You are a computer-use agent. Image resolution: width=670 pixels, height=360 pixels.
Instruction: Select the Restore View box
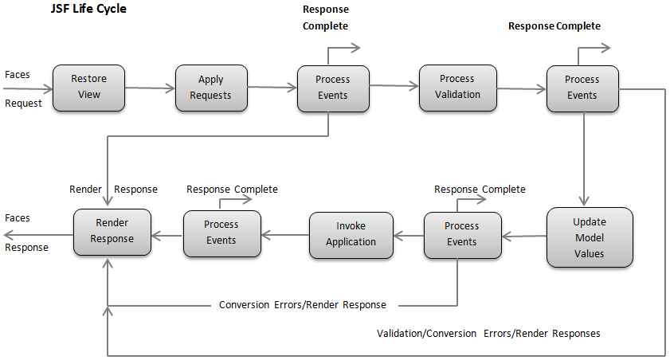pos(88,88)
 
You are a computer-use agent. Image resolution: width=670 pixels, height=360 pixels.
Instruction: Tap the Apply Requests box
pos(211,88)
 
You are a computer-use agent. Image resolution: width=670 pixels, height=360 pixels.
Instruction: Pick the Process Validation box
pos(457,88)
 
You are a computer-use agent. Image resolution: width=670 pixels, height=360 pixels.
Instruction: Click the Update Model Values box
pos(590,237)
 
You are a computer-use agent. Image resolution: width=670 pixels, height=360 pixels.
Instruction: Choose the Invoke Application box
pos(351,235)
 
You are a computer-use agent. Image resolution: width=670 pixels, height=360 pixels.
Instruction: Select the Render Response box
pos(112,232)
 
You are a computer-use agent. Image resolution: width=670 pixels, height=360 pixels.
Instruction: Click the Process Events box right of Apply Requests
pos(332,88)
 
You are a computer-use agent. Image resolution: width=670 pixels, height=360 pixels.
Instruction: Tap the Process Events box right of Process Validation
pos(582,88)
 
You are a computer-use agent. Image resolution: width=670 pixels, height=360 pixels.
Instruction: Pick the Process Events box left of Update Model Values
pos(461,235)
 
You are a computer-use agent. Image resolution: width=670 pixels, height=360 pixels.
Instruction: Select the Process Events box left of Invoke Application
pos(221,233)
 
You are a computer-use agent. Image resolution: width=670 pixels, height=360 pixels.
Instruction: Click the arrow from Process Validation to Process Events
pos(521,89)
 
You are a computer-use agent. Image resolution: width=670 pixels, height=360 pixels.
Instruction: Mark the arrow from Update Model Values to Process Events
pos(523,236)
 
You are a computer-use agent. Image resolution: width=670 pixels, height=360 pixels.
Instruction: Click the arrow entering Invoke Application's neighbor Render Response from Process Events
pos(167,233)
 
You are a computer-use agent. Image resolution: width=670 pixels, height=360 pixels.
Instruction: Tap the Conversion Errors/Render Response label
pos(303,305)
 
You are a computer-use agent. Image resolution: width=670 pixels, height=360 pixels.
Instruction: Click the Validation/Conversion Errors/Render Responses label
pos(488,333)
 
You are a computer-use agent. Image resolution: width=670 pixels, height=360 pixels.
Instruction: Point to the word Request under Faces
pos(23,104)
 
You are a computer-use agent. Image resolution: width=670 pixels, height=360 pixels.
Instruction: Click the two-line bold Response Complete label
pos(325,18)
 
